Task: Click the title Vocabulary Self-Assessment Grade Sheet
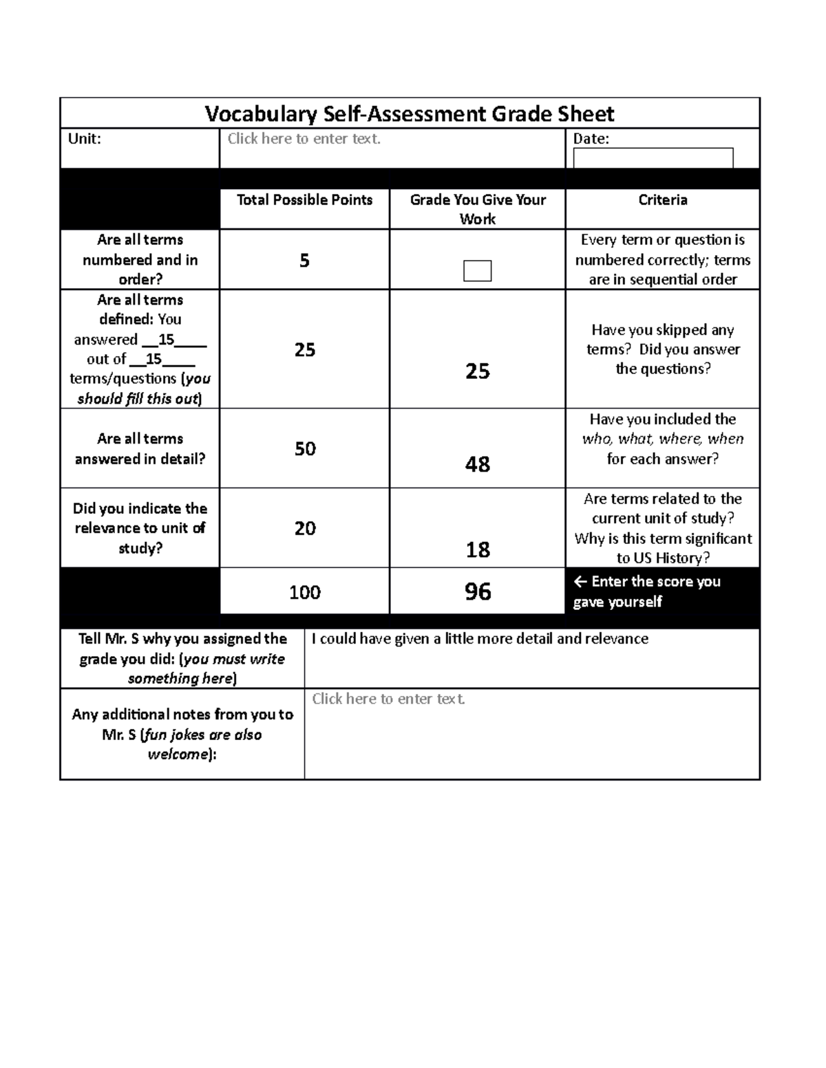click(x=410, y=113)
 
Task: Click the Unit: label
click(x=84, y=139)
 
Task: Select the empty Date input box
click(x=653, y=158)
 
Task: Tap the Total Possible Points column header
click(x=304, y=200)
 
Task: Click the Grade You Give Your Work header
click(x=478, y=209)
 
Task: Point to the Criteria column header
click(x=662, y=200)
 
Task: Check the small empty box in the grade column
click(x=477, y=271)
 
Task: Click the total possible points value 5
click(x=304, y=261)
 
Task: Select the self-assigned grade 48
click(x=478, y=464)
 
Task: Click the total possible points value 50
click(x=305, y=449)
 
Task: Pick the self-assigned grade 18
click(x=478, y=549)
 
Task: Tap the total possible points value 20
click(x=305, y=528)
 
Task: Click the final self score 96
click(x=478, y=591)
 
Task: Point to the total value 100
click(x=304, y=592)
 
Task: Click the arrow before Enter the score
click(x=580, y=582)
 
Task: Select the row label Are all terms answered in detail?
click(x=140, y=448)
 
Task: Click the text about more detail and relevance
click(x=480, y=639)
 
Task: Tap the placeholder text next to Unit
click(x=304, y=139)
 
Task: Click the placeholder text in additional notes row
click(x=388, y=699)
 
